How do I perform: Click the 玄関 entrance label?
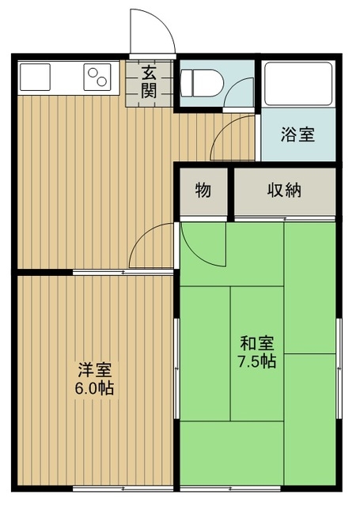coord(149,82)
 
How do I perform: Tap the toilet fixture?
coord(200,83)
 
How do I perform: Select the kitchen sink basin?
coord(35,77)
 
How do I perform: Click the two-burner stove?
coord(97,77)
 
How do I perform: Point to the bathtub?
coord(298,84)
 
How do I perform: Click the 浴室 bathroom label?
coord(297,134)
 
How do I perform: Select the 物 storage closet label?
coord(203,191)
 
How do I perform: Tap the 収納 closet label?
coord(284,191)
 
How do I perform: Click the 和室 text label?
coord(257,343)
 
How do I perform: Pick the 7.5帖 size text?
coord(257,361)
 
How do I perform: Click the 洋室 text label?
coord(95,370)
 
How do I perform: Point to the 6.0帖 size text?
coord(95,388)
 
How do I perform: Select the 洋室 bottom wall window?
coord(123,489)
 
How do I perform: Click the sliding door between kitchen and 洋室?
coord(123,272)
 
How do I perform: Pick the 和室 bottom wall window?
coord(230,489)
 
